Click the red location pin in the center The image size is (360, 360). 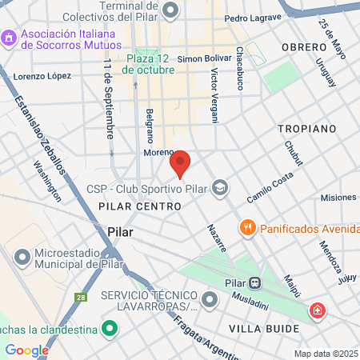(x=181, y=162)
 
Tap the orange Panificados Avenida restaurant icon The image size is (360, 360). (x=248, y=227)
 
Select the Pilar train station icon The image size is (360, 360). (x=254, y=282)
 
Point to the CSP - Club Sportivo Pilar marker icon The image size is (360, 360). (x=222, y=190)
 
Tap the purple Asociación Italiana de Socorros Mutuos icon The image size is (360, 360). (x=10, y=38)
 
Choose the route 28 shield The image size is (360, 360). (x=80, y=298)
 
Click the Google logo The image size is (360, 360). (x=26, y=350)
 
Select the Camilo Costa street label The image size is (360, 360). (x=269, y=190)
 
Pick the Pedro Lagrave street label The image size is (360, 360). (x=252, y=18)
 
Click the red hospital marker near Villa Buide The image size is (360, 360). (x=318, y=310)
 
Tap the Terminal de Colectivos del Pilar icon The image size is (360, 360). (x=170, y=10)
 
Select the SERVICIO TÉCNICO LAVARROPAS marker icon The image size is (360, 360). (x=210, y=301)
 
